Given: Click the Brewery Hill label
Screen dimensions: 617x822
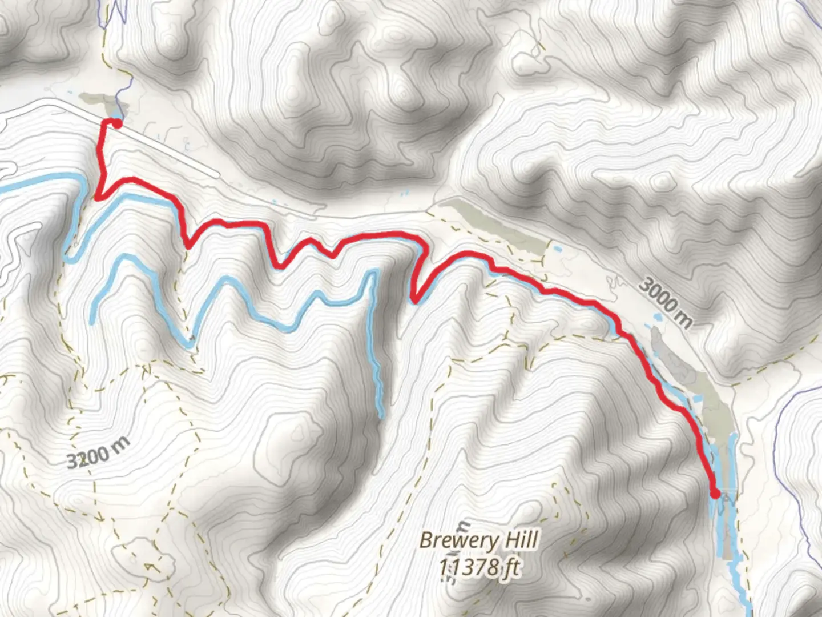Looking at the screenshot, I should pyautogui.click(x=479, y=540).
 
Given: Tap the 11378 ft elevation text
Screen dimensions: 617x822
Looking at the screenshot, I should pyautogui.click(x=479, y=567).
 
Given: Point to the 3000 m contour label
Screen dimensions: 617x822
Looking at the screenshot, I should pyautogui.click(x=666, y=302).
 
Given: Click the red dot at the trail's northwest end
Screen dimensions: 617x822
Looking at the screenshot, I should pyautogui.click(x=116, y=123).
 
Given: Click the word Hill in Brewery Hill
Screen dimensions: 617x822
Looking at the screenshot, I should pyautogui.click(x=519, y=540).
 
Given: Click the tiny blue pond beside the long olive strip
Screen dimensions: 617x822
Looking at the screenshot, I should pyautogui.click(x=557, y=249).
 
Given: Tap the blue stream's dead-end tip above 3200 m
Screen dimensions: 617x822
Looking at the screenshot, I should pyautogui.click(x=92, y=322).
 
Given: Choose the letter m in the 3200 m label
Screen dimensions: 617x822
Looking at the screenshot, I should pyautogui.click(x=121, y=444).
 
